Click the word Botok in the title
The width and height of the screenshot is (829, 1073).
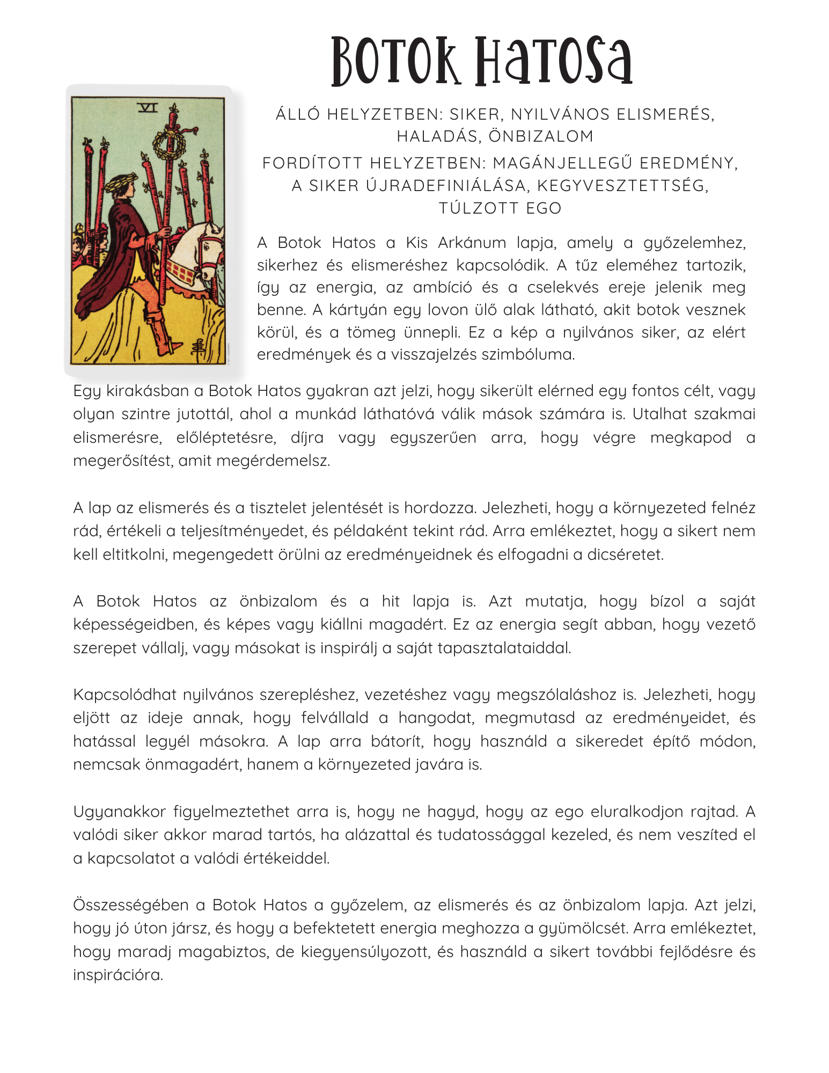[x=396, y=62]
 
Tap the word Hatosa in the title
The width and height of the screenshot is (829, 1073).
[x=554, y=62]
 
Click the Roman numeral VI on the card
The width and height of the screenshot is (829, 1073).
[x=148, y=108]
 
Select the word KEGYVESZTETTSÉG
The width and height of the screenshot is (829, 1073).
[x=622, y=185]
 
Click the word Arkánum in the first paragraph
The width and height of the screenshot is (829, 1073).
[x=472, y=243]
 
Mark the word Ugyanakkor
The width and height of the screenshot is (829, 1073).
[x=120, y=811]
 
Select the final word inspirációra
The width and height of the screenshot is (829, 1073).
[x=118, y=975]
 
